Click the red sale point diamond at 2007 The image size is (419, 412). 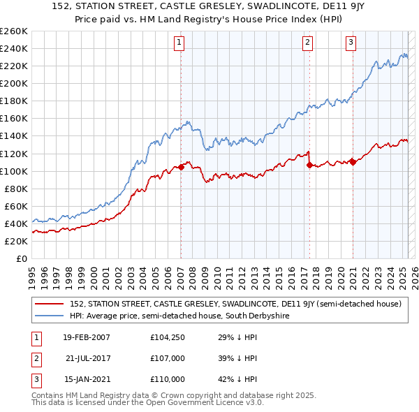[x=181, y=167]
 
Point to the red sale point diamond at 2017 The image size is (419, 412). [x=309, y=165]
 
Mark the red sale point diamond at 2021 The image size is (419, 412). [x=353, y=162]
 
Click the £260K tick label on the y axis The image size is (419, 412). [x=13, y=31]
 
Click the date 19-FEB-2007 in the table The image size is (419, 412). [x=86, y=338]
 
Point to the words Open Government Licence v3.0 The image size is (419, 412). [x=198, y=403]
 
